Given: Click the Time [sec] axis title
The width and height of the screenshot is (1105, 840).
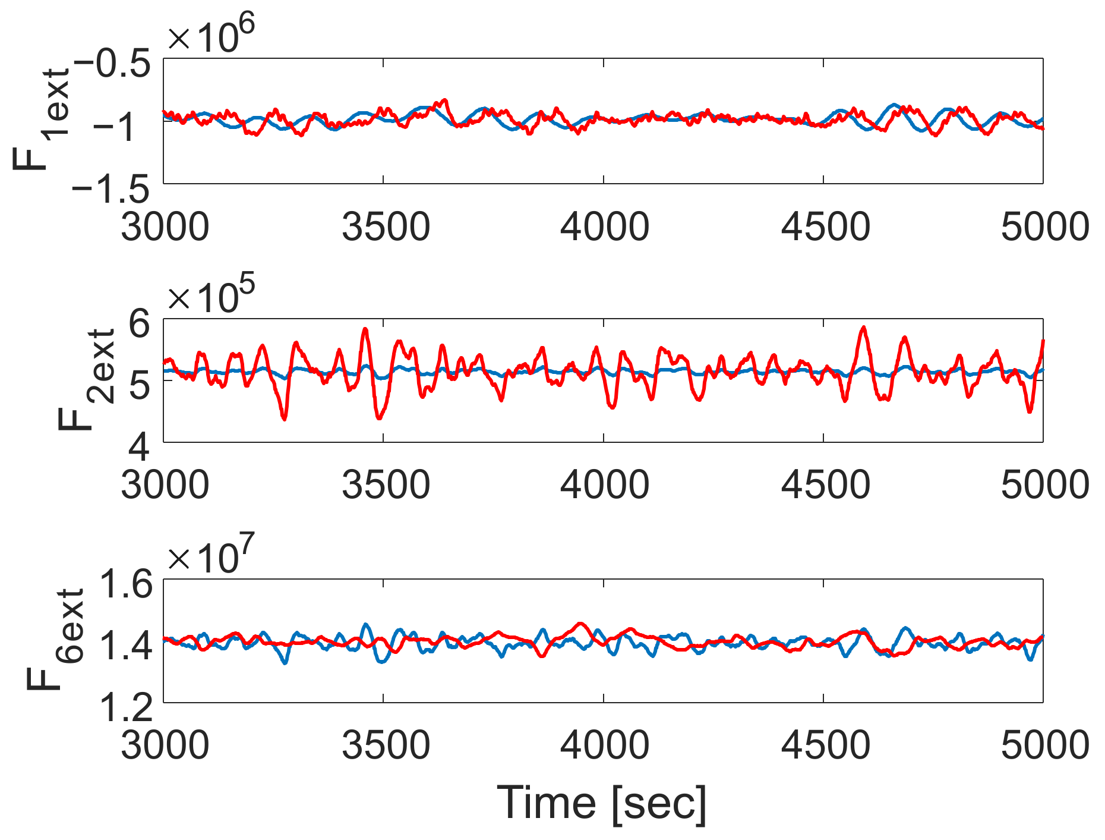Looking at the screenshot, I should (x=602, y=803).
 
